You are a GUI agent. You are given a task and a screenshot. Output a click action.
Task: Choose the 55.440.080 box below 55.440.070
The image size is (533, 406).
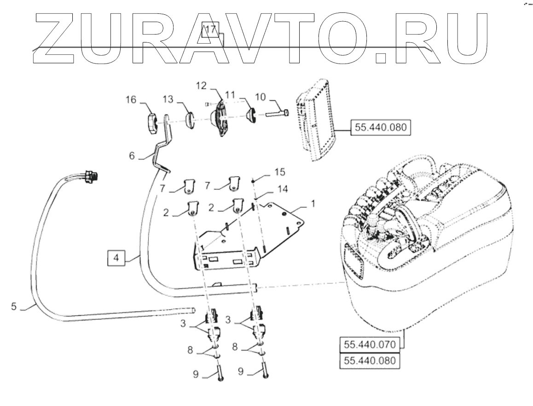370,360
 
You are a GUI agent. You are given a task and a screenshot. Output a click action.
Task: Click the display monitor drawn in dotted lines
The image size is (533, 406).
317,121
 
